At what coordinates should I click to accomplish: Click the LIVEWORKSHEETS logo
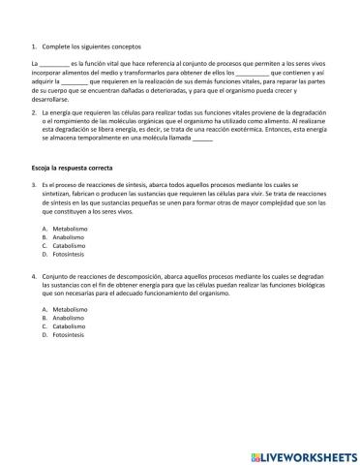tap(303, 453)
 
